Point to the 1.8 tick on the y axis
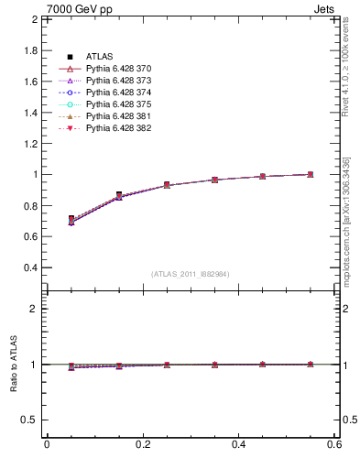click(x=30, y=50)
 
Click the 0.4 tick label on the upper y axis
click(x=30, y=267)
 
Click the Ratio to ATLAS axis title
click(x=14, y=365)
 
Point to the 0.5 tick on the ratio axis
click(x=30, y=420)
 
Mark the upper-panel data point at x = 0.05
click(x=71, y=219)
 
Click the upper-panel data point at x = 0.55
click(x=311, y=174)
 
